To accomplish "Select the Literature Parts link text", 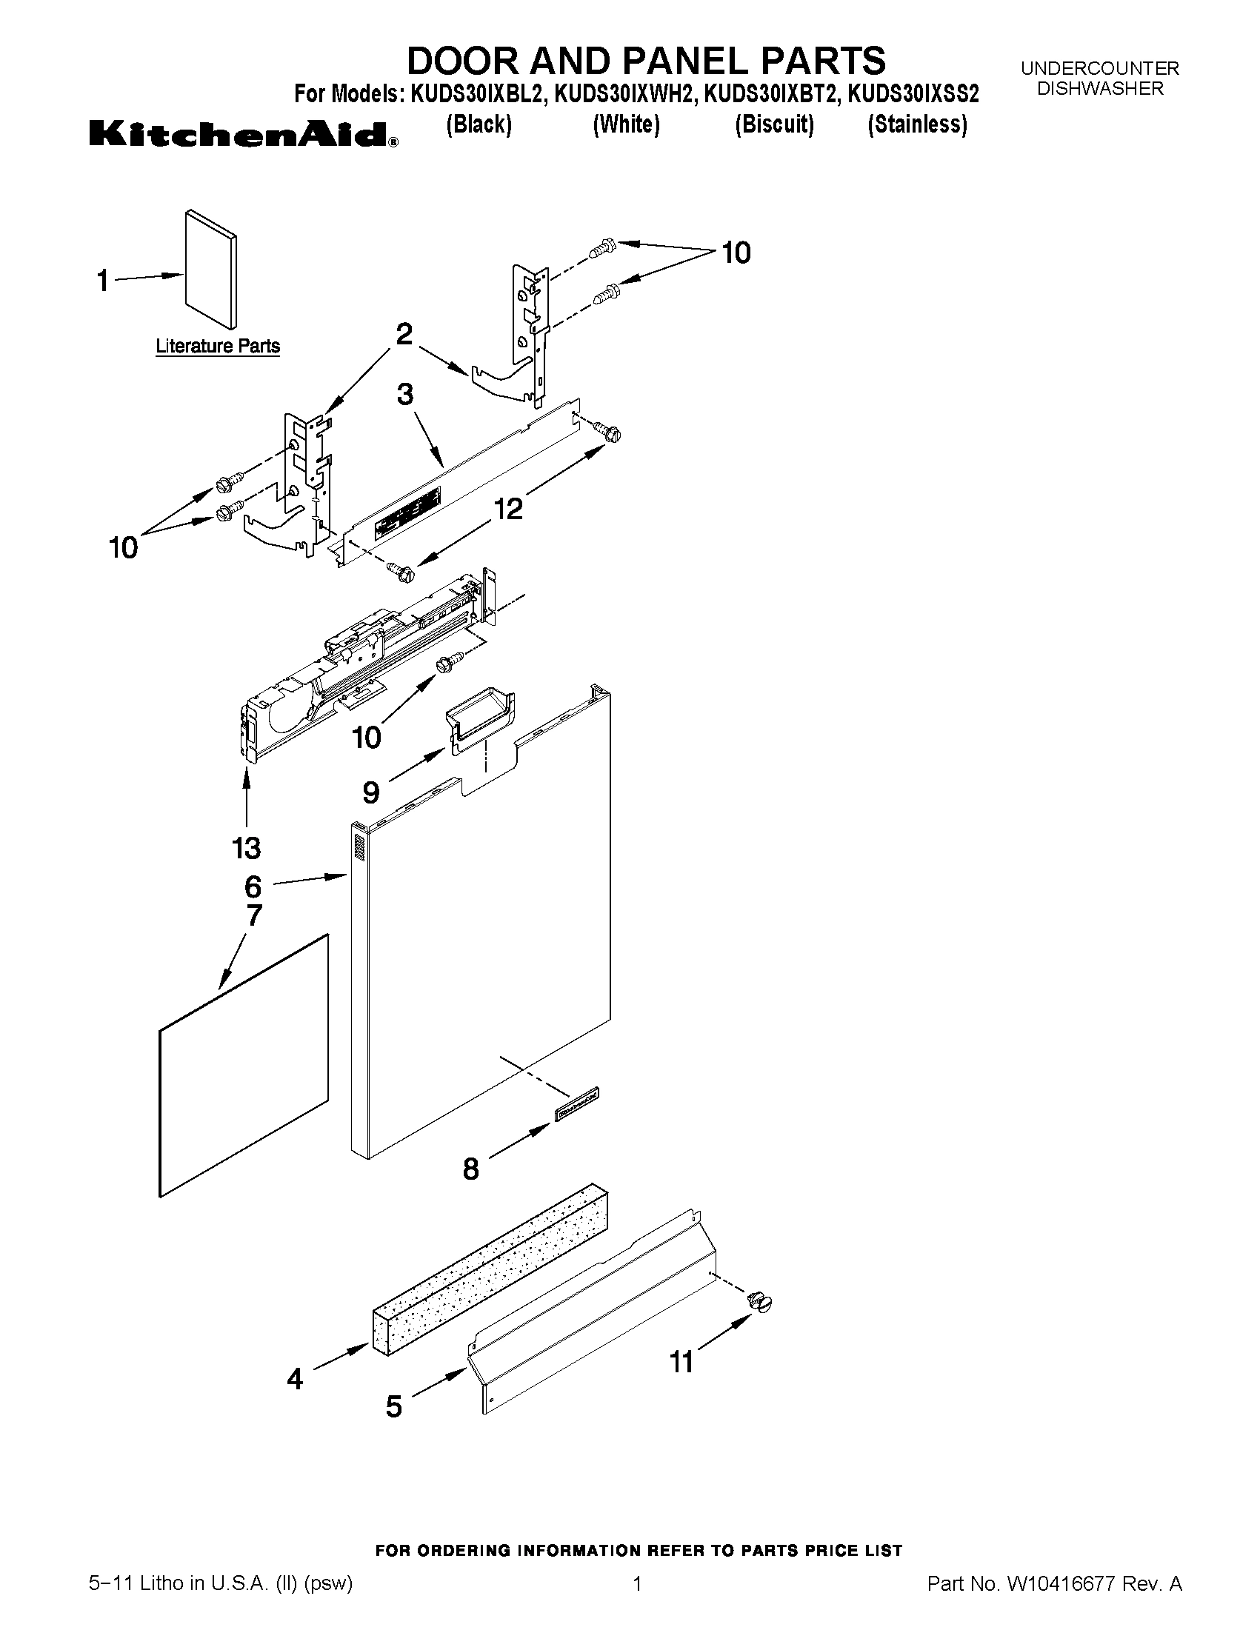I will pyautogui.click(x=217, y=347).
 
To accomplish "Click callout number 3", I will pyautogui.click(x=404, y=394).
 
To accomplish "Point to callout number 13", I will pyautogui.click(x=246, y=848).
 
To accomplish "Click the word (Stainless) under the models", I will pyautogui.click(x=916, y=124).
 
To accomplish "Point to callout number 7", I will pyautogui.click(x=254, y=915).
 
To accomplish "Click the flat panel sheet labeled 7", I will pyautogui.click(x=244, y=1067).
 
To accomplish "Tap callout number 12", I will pyautogui.click(x=507, y=509).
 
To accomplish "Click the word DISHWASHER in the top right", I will pyautogui.click(x=1099, y=89).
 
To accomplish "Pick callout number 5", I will pyautogui.click(x=393, y=1408).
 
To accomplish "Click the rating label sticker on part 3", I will pyautogui.click(x=407, y=512).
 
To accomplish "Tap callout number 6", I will pyautogui.click(x=253, y=886).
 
